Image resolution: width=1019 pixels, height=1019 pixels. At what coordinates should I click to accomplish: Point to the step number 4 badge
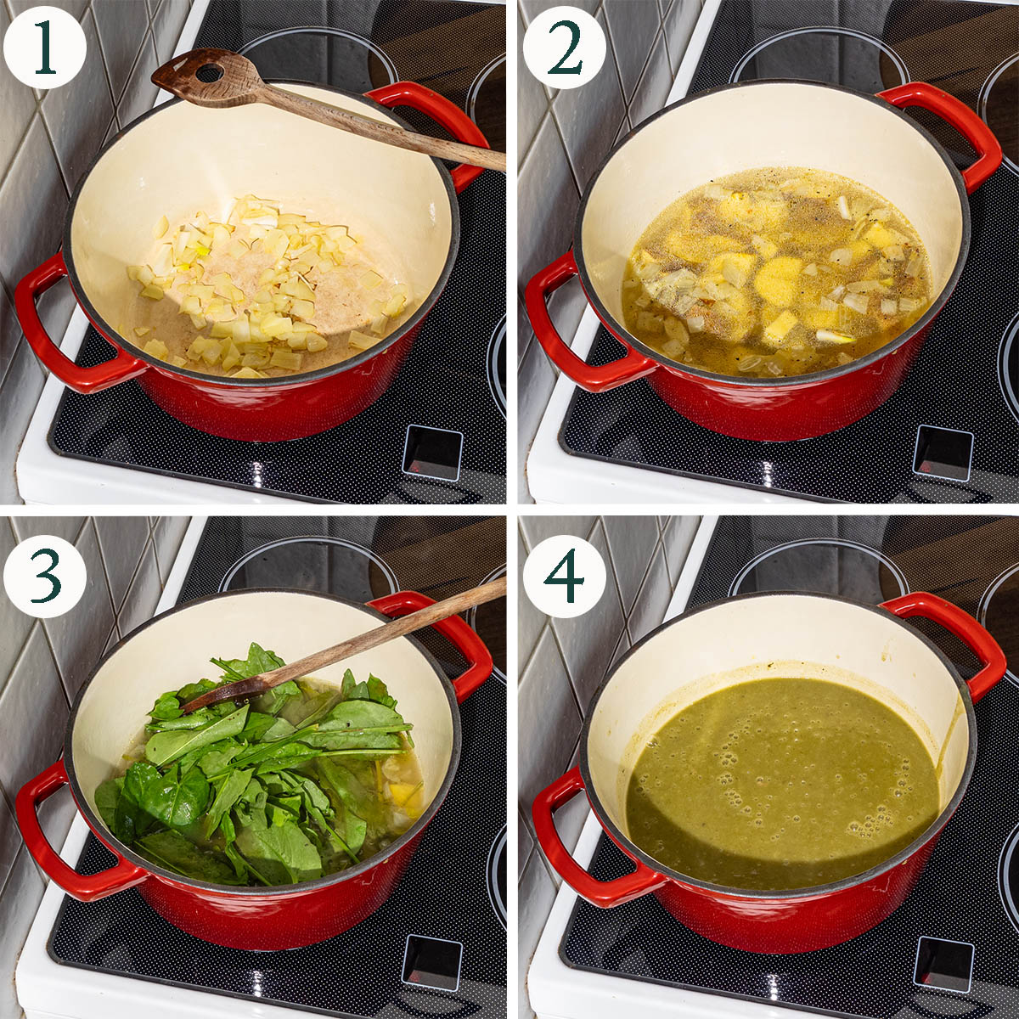565,576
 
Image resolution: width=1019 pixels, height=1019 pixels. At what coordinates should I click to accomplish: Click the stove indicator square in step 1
432,452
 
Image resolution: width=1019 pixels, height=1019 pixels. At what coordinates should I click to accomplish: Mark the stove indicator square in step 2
943,452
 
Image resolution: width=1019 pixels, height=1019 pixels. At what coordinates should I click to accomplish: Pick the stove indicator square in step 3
432,962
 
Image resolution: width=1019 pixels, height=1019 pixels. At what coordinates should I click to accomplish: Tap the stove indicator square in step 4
943,962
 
